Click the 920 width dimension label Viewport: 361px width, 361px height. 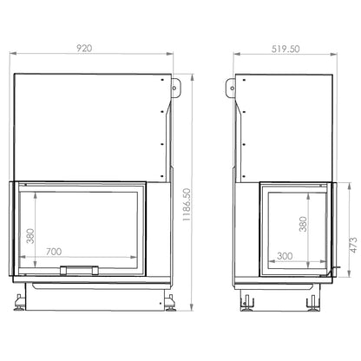pos(84,48)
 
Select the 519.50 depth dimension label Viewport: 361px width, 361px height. pos(286,49)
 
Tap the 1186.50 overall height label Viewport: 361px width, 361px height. pos(187,205)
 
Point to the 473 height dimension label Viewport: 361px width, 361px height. pos(353,246)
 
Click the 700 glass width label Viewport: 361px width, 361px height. pos(54,252)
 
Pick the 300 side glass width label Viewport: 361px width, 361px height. pos(285,256)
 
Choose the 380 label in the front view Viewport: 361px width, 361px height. pos(30,236)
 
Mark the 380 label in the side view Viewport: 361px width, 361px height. pos(303,224)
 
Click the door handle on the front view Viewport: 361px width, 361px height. pos(79,270)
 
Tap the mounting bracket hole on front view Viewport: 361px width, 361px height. pos(174,88)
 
